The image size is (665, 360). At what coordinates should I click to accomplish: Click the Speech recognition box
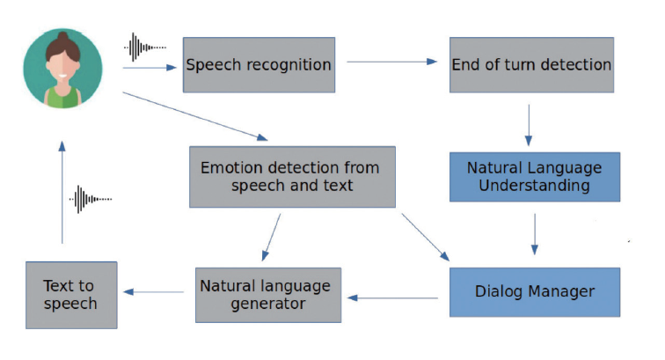[x=259, y=64]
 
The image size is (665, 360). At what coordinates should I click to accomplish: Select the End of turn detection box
[x=530, y=64]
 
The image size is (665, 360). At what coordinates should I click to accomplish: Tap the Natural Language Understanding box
[x=535, y=176]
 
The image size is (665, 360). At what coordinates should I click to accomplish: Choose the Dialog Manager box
[x=535, y=291]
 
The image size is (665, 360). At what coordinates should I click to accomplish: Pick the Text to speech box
[x=71, y=295]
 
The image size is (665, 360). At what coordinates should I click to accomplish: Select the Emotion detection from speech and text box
[x=290, y=176]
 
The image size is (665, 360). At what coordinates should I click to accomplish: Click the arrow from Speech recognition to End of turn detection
[x=391, y=62]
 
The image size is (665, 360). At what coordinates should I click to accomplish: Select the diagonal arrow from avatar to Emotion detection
[x=194, y=114]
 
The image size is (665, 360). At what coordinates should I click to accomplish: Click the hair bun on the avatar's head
[x=63, y=36]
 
